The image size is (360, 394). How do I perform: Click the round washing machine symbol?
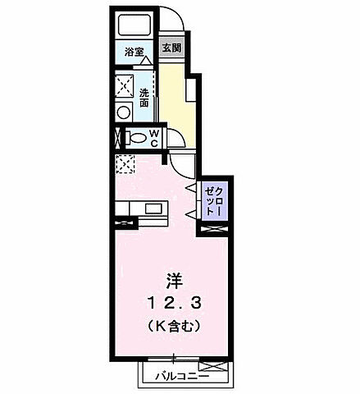(125, 113)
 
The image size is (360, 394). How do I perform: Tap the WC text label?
(154, 140)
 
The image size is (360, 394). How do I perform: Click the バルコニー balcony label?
(182, 377)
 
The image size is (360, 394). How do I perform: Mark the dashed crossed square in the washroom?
(125, 85)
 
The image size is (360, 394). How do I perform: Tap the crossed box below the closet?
(210, 230)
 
